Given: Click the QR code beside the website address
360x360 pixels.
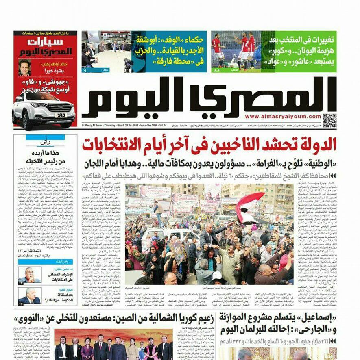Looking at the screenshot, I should pos(329,120).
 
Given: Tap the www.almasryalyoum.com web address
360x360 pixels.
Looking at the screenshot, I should pos(283,117).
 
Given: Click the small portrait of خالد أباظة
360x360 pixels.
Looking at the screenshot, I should pos(24,67).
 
